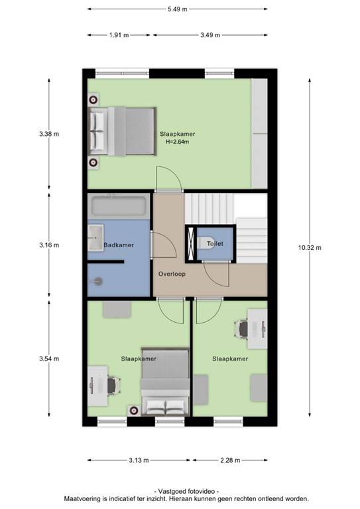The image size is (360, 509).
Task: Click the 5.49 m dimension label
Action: pos(176,9)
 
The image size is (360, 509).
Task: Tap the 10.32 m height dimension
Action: pos(310,248)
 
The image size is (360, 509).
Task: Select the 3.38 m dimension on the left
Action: pos(49,133)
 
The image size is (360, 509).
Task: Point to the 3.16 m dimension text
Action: pos(49,245)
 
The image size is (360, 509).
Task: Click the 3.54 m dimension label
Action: pos(49,359)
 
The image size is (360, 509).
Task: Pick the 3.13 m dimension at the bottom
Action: pos(139,460)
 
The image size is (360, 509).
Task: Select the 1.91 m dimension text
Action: pos(119,35)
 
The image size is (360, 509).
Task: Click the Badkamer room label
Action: pos(119,245)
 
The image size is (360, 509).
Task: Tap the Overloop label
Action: pos(171,274)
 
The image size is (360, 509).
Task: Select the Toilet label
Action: pos(215,244)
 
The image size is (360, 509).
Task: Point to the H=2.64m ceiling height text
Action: pos(178,141)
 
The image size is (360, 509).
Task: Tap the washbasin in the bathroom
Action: pos(95,234)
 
